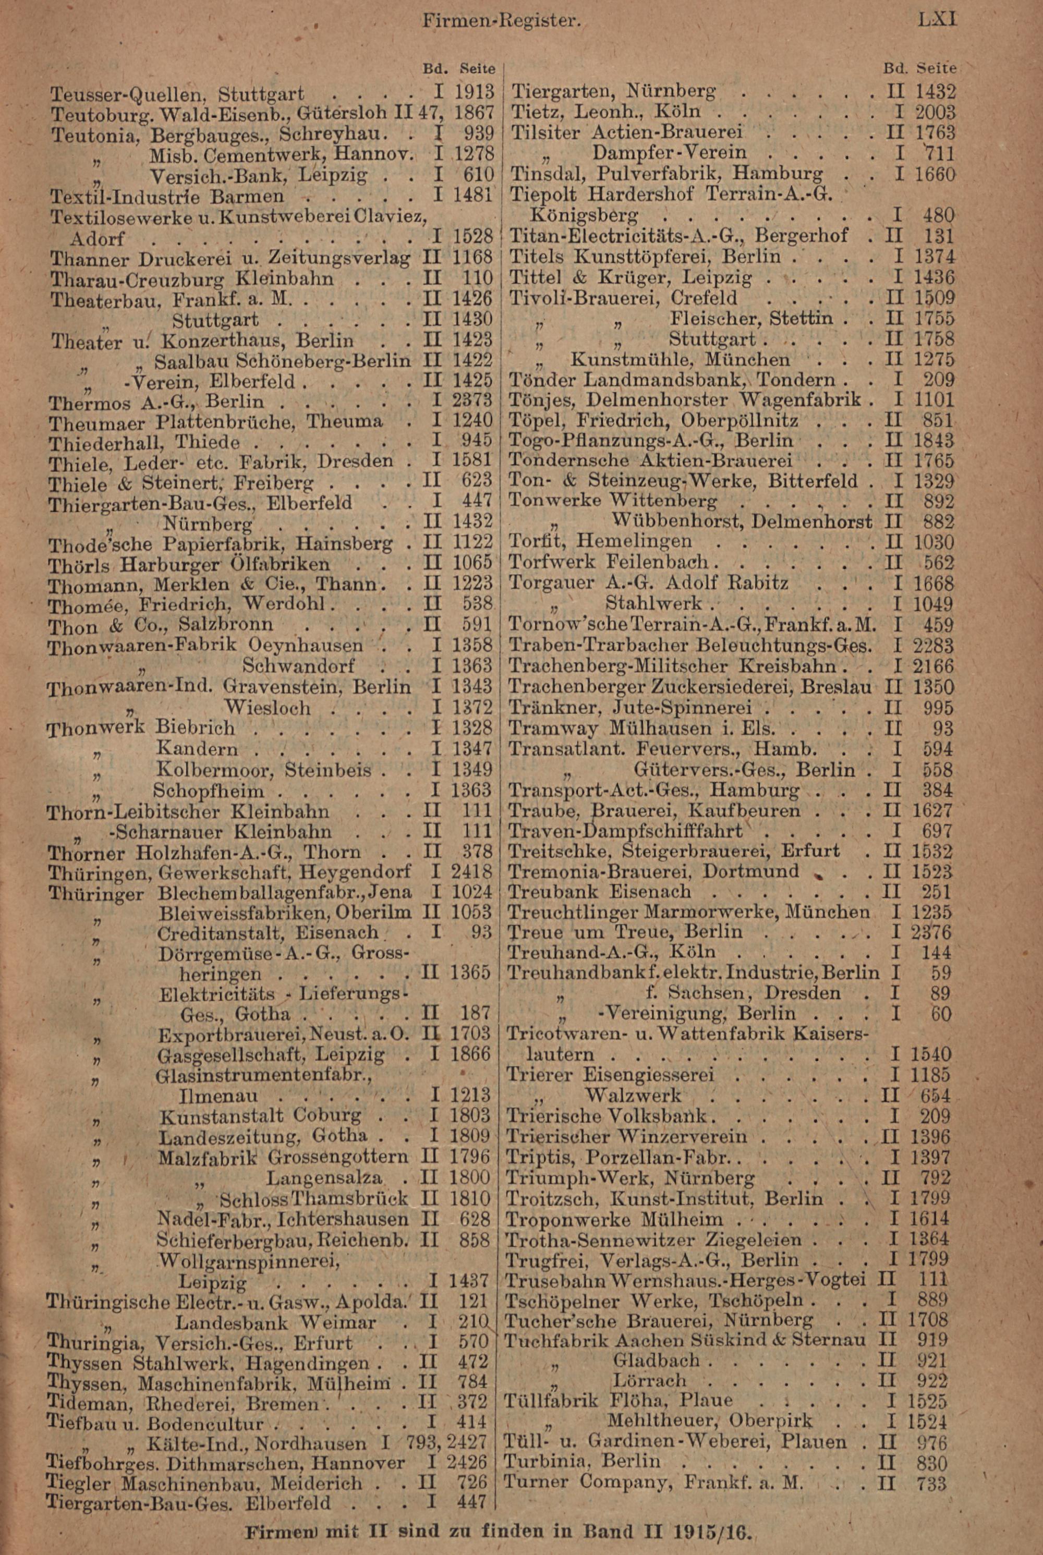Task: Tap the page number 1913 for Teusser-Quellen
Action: (474, 92)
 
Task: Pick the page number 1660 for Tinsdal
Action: (935, 174)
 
